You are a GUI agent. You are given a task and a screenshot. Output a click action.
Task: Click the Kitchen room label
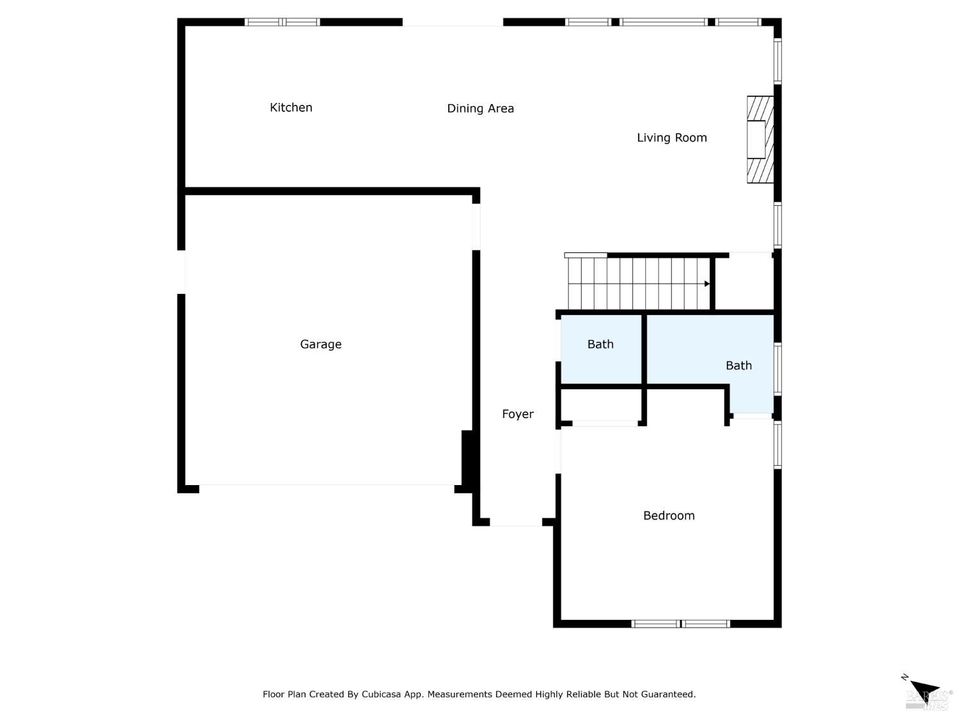(x=291, y=107)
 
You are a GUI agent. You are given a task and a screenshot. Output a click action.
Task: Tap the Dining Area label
(x=480, y=109)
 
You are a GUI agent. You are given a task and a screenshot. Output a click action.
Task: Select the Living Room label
(x=671, y=137)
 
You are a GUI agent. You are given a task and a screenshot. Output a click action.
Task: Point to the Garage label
(x=320, y=344)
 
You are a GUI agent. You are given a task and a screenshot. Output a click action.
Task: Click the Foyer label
(x=517, y=414)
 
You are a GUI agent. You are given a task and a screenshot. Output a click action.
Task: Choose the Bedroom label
(x=669, y=516)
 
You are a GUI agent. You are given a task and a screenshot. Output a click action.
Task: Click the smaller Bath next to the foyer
(x=600, y=344)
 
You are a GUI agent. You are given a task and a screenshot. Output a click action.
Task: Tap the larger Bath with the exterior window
(x=738, y=366)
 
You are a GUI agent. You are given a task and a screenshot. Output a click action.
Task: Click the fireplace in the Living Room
(x=760, y=139)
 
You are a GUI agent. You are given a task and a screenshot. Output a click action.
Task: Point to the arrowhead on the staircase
(x=706, y=284)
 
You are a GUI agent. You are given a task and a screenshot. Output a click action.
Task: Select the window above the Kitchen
(x=282, y=22)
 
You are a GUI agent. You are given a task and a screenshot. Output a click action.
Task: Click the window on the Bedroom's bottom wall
(x=680, y=624)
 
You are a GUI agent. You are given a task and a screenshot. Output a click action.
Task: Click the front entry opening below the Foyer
(x=516, y=523)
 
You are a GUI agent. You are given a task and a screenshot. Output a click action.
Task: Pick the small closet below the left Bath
(x=601, y=405)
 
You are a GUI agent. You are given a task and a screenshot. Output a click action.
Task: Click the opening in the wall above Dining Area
(x=453, y=22)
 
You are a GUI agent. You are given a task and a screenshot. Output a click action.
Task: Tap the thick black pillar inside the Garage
(x=467, y=458)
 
